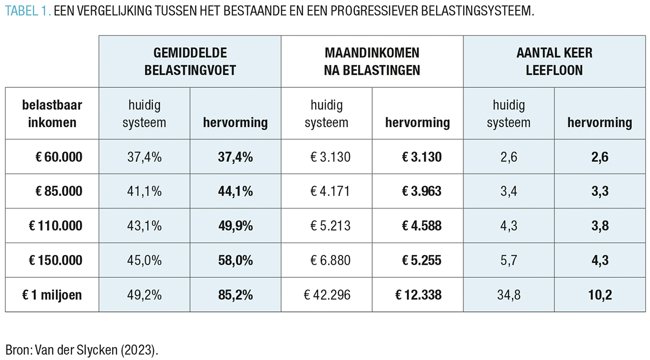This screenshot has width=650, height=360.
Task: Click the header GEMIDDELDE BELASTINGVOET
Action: (x=190, y=61)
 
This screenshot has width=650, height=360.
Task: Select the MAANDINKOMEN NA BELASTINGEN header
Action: (x=372, y=61)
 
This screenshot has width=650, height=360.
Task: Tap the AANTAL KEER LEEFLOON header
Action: (x=554, y=61)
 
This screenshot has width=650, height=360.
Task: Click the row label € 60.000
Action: (x=56, y=157)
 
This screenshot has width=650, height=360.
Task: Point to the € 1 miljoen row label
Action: (x=53, y=295)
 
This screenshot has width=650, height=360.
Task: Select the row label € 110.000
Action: (x=55, y=226)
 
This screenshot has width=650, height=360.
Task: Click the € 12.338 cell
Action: (x=418, y=295)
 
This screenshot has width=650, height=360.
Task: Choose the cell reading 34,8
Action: (x=508, y=295)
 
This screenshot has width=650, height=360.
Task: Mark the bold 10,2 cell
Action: (x=600, y=295)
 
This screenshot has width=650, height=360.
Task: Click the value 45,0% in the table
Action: (x=144, y=260)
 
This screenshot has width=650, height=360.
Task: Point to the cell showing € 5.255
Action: (x=418, y=260)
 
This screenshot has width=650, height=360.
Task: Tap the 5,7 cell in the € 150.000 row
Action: (x=508, y=260)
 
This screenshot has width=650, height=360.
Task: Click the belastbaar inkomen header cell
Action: (x=53, y=113)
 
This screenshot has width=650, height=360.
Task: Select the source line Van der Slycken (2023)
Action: (x=82, y=349)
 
